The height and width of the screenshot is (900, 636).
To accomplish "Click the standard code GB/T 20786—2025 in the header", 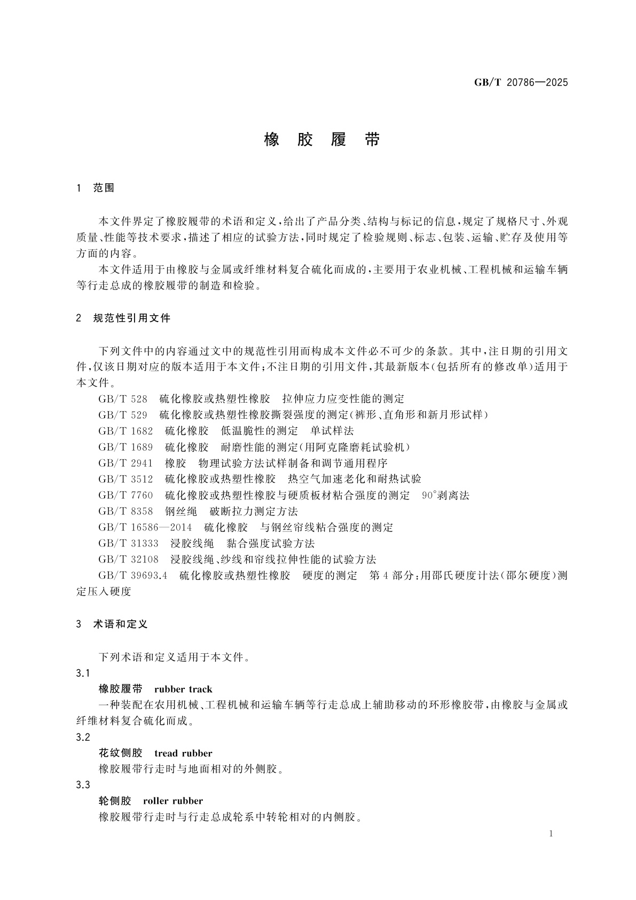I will coord(521,83).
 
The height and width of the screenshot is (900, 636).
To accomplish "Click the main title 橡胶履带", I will coord(322,140).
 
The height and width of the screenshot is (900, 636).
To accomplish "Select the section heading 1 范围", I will coord(96,188).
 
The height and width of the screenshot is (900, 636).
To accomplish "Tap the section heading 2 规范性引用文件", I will coord(123,318).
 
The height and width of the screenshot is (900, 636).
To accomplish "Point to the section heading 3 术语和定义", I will coord(112,624).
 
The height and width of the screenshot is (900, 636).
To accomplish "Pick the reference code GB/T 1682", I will coord(125,431).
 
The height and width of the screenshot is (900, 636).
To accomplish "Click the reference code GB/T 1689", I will coord(125,447).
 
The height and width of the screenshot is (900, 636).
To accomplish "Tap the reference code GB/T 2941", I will coord(125,463).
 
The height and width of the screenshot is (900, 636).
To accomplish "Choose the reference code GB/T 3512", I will coord(125,479).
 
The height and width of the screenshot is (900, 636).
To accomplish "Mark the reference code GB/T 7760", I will coord(125,495).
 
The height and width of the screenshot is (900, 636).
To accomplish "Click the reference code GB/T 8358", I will coord(125,511).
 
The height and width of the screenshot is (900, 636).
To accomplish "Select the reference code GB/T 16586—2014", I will coord(145,528).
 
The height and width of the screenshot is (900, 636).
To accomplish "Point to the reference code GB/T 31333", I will coord(128,544).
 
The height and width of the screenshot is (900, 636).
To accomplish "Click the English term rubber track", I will coord(183,690).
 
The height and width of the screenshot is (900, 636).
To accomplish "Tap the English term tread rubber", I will coord(183,754).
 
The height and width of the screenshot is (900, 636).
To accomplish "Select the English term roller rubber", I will coord(173,801).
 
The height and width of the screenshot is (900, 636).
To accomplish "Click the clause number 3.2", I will coord(83,737).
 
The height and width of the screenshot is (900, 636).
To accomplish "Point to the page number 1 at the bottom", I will coord(551,834).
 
